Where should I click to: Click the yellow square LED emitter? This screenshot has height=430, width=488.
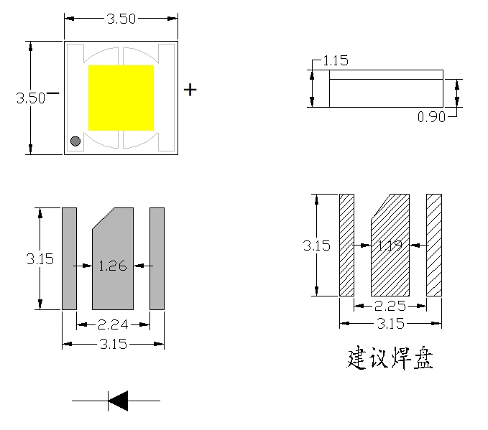pos(121,98)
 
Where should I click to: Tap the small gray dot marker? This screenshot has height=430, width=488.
pos(75,141)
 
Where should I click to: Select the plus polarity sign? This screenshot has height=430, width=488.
pos(190,90)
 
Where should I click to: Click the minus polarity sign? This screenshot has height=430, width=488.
pos(52,93)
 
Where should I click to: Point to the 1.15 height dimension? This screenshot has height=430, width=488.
pos(336,60)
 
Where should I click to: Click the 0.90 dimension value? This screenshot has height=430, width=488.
pos(431,117)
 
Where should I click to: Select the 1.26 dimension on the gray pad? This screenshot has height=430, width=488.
pos(113,266)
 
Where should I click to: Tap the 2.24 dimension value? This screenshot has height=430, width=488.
pos(113,324)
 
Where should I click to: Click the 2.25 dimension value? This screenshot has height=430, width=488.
pos(390,306)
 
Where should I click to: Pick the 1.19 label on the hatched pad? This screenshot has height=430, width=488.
pos(390,246)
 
